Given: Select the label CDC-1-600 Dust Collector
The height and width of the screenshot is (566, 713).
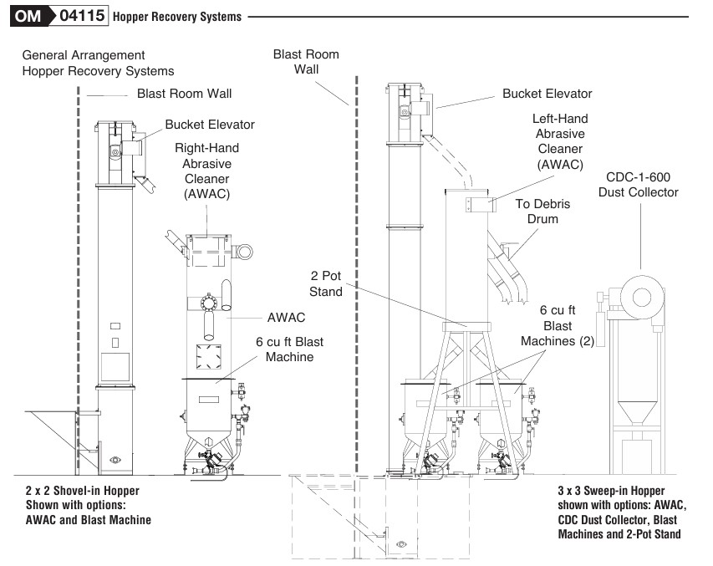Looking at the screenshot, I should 641,185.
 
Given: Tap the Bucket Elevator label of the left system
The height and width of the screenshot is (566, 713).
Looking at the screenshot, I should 210,125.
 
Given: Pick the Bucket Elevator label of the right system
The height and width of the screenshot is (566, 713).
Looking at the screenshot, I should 547,94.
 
